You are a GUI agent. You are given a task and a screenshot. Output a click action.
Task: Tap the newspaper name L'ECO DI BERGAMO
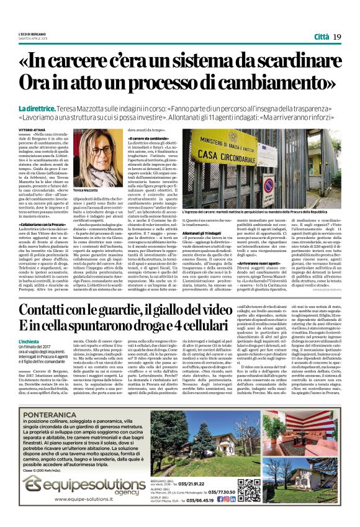click(x=32, y=33)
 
